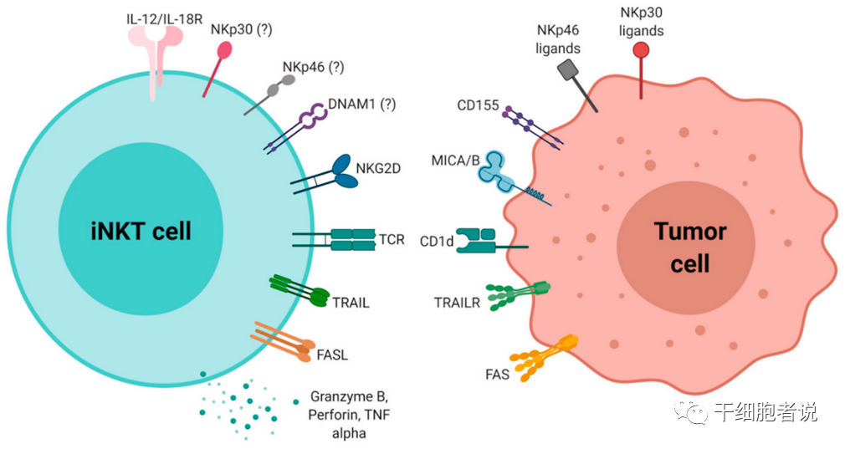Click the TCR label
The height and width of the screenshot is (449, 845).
[391, 240]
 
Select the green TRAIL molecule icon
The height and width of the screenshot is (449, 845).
[301, 292]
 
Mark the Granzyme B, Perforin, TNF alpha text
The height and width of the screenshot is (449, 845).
[350, 414]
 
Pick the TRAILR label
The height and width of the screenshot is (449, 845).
[457, 302]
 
